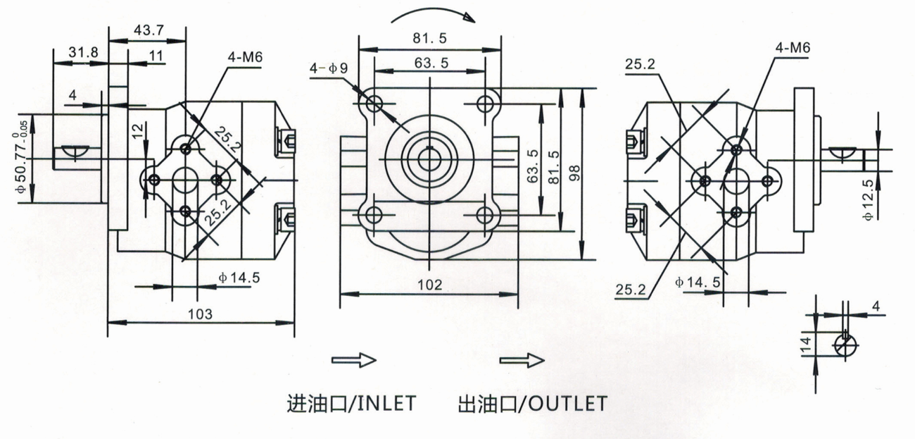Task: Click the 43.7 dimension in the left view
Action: [147, 30]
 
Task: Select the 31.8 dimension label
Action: [83, 51]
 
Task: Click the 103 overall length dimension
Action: [201, 312]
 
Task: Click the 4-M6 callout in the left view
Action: [244, 56]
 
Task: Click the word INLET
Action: [384, 404]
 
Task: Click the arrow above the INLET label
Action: [354, 360]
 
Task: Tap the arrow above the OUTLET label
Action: [522, 360]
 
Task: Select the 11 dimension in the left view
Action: [156, 54]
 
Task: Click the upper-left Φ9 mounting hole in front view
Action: [374, 104]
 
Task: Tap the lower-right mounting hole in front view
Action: [484, 214]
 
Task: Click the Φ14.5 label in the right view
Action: [697, 282]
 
